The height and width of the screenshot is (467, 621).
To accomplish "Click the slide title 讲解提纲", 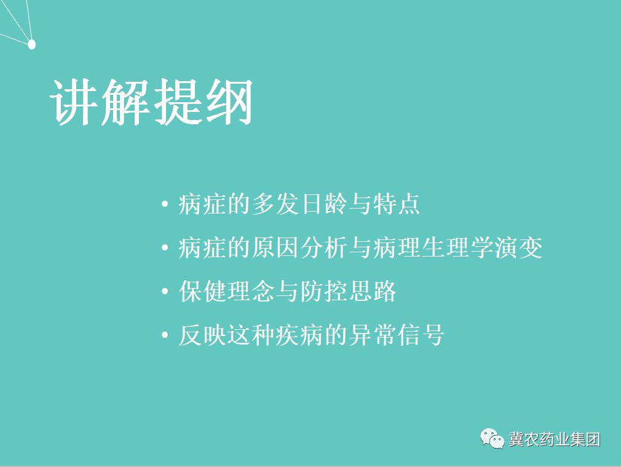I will point(151,102).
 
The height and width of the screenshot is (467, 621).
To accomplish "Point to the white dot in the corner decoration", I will point(32,44).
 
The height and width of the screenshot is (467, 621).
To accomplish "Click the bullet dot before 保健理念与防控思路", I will point(164,292).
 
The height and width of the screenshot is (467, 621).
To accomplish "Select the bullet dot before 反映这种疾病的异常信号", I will point(164,336).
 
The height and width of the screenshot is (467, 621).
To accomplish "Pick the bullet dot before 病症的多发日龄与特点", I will point(164,204).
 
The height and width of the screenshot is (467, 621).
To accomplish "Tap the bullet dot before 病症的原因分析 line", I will point(164,248).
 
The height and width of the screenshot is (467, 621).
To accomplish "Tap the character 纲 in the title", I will point(228,102).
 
